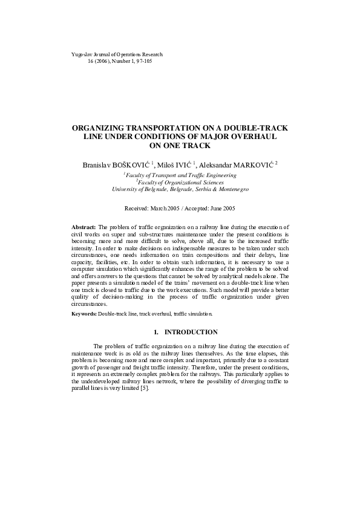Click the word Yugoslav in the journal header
(82, 54)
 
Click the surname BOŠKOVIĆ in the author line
(133, 164)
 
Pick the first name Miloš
(167, 164)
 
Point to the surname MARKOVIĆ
(252, 164)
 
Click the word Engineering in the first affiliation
(220, 175)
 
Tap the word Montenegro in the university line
(231, 189)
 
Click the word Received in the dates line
(137, 208)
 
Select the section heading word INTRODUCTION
(191, 332)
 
